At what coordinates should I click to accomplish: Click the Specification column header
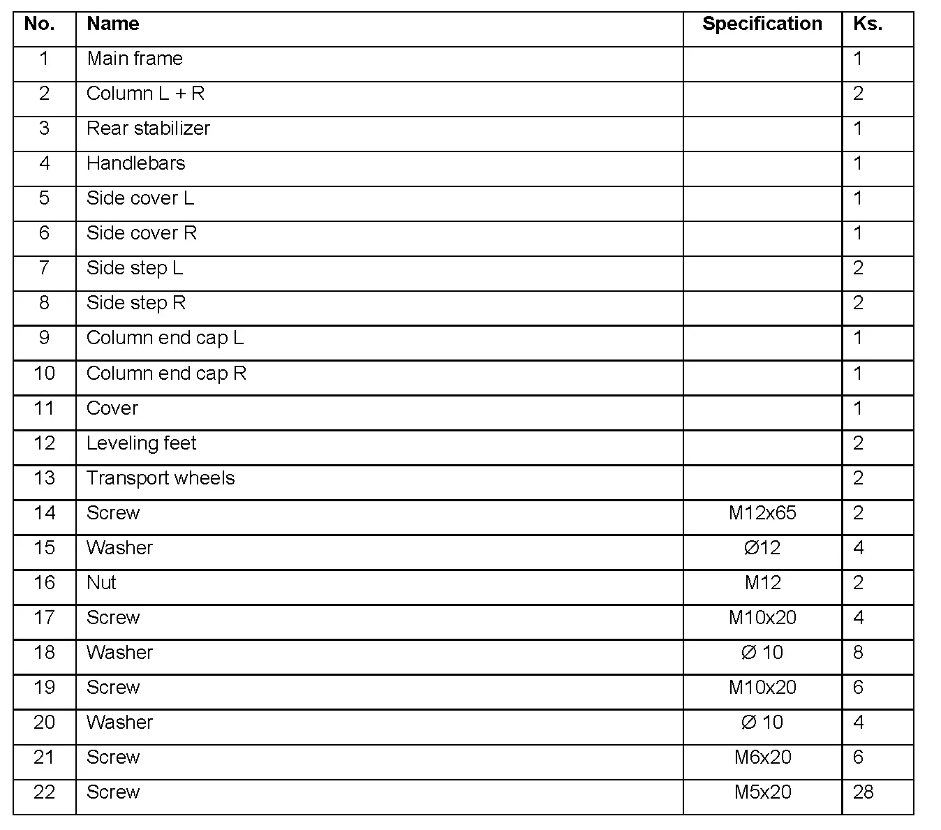762,24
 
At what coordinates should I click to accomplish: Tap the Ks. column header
867,24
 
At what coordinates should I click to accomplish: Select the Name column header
112,24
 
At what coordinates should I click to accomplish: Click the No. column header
39,24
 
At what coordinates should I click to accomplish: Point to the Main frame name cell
134,59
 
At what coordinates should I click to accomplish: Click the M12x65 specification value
762,513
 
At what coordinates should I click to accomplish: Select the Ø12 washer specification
762,548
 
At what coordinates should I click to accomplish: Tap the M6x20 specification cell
762,757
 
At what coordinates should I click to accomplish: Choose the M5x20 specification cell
762,792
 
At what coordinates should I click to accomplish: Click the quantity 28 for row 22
863,792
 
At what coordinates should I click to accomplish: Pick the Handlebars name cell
135,163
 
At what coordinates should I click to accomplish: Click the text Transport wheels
161,478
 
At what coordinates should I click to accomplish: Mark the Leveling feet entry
141,443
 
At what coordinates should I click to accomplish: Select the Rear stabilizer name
148,128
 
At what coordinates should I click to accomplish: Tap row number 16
44,583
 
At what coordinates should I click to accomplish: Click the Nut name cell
101,583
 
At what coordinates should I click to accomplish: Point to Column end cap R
166,373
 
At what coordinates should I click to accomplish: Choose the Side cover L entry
140,198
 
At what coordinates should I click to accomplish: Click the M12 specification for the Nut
762,583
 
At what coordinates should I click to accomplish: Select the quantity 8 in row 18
858,653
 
